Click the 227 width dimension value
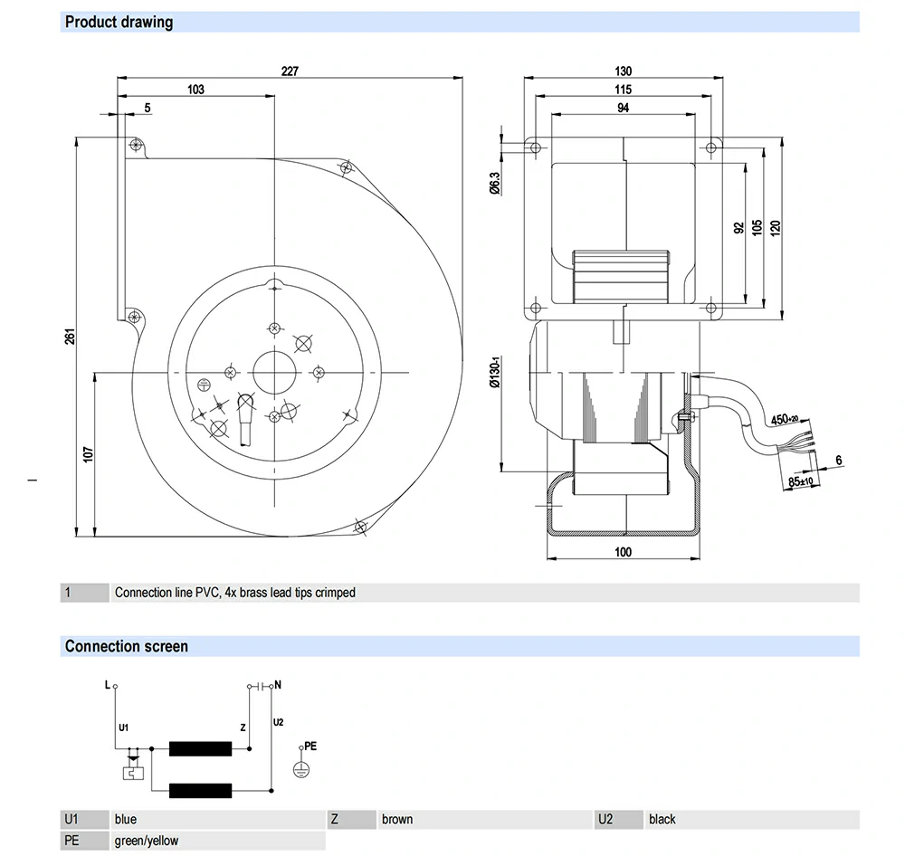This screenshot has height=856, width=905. [x=290, y=71]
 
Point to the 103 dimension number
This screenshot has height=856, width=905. [x=195, y=90]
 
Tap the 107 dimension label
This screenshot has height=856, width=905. [x=88, y=452]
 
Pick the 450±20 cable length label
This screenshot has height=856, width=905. [x=785, y=419]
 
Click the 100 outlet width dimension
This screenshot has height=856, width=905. [x=623, y=552]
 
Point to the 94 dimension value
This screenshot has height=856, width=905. [x=623, y=108]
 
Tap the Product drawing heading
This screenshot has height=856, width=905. [x=119, y=22]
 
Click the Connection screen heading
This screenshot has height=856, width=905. [x=127, y=646]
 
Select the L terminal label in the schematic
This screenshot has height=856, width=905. [x=107, y=685]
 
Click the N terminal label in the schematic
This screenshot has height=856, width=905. [x=277, y=685]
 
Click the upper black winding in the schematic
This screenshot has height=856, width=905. [x=201, y=748]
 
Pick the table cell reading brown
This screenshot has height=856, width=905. [x=397, y=819]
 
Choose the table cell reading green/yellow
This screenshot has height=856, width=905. [x=147, y=841]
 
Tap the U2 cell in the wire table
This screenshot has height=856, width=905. [x=605, y=819]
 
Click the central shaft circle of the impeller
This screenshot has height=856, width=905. [x=274, y=370]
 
